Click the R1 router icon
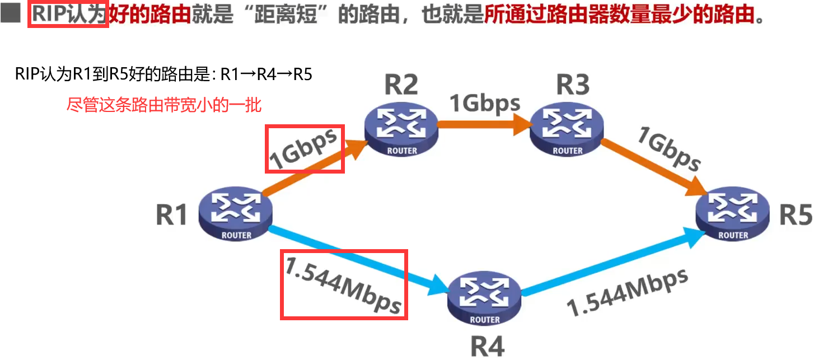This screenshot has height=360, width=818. [236, 214]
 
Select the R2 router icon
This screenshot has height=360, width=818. [401, 130]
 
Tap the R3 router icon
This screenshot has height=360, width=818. [567, 130]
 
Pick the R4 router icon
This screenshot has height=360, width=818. [484, 298]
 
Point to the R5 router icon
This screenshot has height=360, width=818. [733, 214]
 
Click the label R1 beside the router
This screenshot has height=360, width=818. [171, 214]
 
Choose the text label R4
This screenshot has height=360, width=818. [487, 345]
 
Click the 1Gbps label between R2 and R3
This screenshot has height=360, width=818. [485, 104]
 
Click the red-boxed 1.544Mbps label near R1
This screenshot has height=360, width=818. [343, 284]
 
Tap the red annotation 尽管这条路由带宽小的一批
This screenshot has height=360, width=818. [164, 105]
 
